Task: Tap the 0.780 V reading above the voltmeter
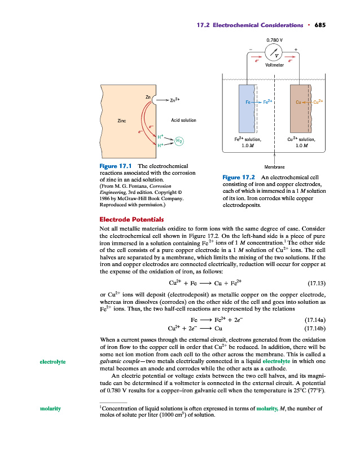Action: click(x=274, y=40)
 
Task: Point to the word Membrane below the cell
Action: click(x=274, y=167)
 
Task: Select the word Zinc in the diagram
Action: click(x=122, y=120)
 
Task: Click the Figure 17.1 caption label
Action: click(x=115, y=166)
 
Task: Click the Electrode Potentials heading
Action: click(x=131, y=219)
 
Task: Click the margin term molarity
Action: click(x=51, y=408)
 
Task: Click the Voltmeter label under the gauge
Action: click(x=274, y=65)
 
